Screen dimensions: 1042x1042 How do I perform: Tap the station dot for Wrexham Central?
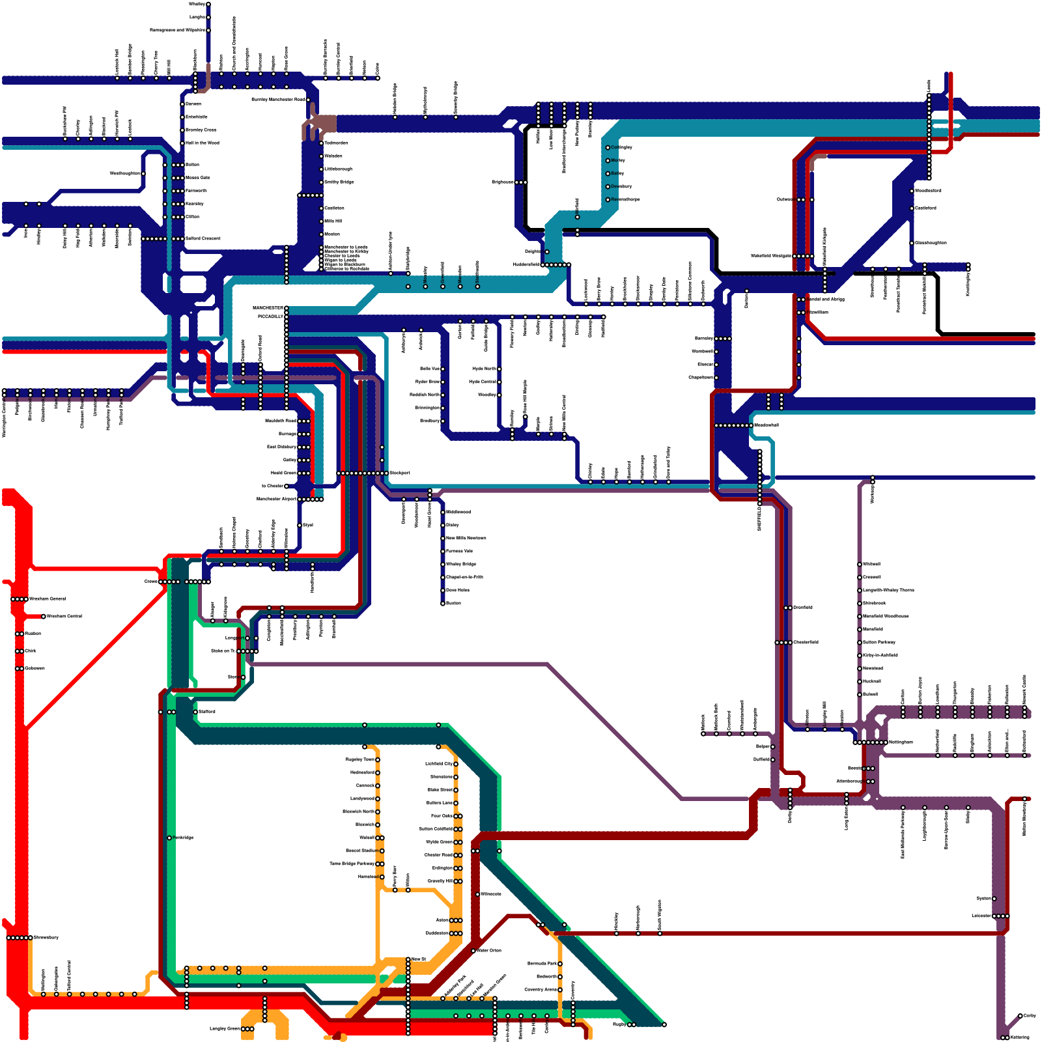(44, 616)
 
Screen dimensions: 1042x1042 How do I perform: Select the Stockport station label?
(400, 473)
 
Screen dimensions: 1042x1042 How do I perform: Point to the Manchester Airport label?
(276, 499)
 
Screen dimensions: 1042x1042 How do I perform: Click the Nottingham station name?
(901, 742)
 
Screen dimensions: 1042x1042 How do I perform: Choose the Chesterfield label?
(806, 642)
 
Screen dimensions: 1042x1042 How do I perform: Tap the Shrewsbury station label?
(46, 937)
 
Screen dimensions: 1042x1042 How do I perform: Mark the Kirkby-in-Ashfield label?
(880, 655)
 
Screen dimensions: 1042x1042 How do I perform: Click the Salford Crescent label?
(203, 238)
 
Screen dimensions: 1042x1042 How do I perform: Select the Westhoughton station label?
(124, 173)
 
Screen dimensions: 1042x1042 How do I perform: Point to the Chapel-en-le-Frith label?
(464, 577)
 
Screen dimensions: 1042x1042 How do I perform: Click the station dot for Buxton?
(443, 603)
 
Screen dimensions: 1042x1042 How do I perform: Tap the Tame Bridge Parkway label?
(352, 864)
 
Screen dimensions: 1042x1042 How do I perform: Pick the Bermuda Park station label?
(542, 963)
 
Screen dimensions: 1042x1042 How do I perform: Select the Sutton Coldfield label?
(435, 829)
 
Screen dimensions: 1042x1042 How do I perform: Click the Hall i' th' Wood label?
(203, 143)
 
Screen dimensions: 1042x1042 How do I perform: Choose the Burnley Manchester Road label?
(277, 100)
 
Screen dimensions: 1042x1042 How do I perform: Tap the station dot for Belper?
(773, 746)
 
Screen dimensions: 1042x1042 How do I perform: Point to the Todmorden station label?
(336, 143)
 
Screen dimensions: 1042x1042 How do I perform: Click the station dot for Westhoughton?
(143, 173)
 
